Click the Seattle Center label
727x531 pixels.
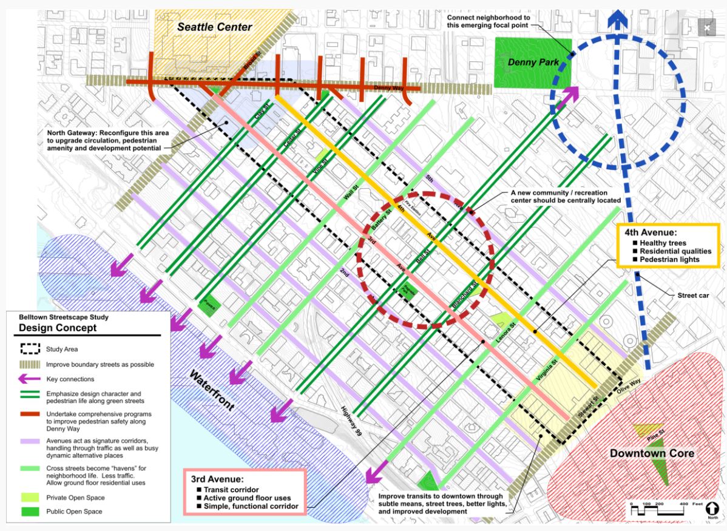coord(214,27)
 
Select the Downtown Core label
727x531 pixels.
coord(652,453)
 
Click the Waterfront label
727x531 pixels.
coord(212,391)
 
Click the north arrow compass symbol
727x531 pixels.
coord(712,510)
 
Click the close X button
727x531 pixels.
coord(707,27)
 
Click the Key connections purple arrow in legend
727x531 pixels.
coord(29,379)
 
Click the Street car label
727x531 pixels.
coord(693,296)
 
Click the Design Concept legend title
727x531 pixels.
coord(57,328)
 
